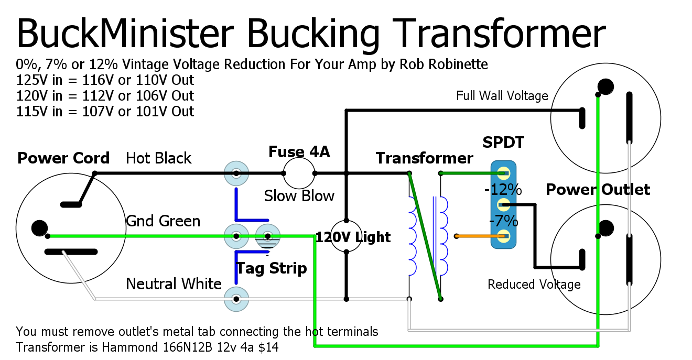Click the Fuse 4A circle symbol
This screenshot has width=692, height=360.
click(x=299, y=173)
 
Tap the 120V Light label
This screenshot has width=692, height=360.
click(x=353, y=237)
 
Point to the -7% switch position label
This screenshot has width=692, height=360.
click(x=503, y=221)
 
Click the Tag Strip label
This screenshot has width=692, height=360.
click(x=271, y=269)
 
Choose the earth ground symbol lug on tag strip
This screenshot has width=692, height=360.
click(x=268, y=237)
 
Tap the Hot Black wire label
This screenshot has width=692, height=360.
click(x=159, y=158)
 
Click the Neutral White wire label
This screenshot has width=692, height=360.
click(x=174, y=284)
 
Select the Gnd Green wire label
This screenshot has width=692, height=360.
click(x=163, y=221)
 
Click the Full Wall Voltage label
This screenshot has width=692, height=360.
click(x=502, y=96)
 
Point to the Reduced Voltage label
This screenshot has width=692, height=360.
click(x=534, y=285)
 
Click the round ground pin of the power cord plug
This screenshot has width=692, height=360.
click(x=39, y=228)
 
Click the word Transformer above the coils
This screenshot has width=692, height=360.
click(x=424, y=158)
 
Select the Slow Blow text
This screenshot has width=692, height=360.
click(x=299, y=196)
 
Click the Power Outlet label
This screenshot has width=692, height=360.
click(x=598, y=190)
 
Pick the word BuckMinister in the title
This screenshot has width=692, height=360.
click(x=126, y=33)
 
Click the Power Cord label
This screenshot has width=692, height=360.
click(x=63, y=158)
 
